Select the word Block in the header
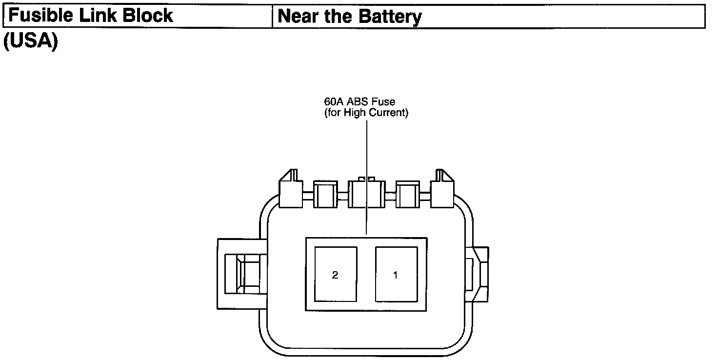tap(148, 16)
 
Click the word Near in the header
tap(299, 17)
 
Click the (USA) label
tap(30, 41)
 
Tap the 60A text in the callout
tap(334, 102)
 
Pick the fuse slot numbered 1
tap(396, 274)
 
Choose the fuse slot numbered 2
tap(336, 274)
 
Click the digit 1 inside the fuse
tap(396, 275)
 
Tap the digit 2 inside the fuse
tap(335, 275)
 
